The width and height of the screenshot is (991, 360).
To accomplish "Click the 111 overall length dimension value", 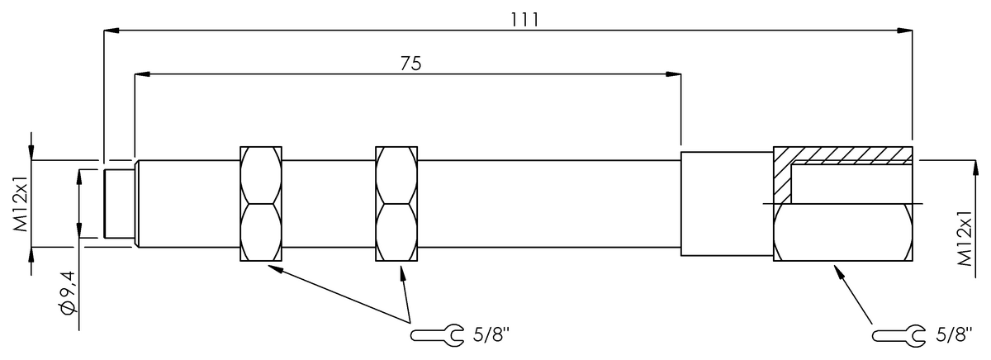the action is [x=524, y=20].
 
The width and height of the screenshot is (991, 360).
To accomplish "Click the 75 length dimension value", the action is [x=411, y=64].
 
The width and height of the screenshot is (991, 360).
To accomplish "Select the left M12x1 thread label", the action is [x=21, y=203].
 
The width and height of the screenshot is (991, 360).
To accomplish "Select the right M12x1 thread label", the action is [x=965, y=238].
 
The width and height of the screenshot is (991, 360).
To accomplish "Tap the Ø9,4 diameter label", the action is [x=67, y=292].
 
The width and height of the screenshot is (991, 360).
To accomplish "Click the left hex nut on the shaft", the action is [x=261, y=203].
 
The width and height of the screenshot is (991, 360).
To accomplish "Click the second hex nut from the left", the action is [x=396, y=203].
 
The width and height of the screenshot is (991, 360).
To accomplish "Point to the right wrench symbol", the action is [x=899, y=336].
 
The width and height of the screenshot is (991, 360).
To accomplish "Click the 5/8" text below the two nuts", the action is [x=491, y=334].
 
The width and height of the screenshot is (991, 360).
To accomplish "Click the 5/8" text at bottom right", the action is [x=954, y=335].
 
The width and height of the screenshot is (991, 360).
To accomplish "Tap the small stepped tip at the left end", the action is [x=119, y=203].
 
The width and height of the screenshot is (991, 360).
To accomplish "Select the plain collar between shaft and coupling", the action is [x=727, y=203].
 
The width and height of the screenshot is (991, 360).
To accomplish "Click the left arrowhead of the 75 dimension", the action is [x=142, y=74].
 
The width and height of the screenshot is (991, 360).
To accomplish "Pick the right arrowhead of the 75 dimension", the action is [x=673, y=74].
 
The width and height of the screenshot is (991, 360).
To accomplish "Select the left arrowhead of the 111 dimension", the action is [x=111, y=31].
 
